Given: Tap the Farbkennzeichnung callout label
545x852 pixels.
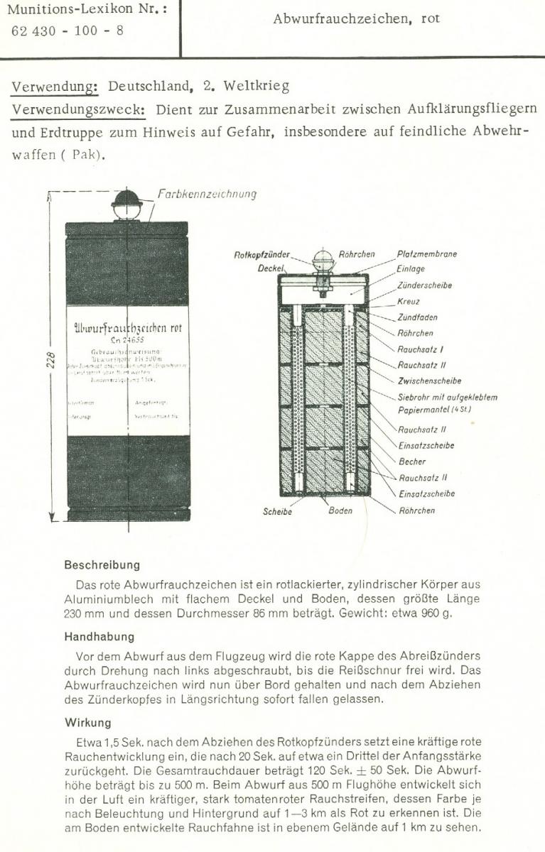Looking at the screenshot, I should [x=207, y=193].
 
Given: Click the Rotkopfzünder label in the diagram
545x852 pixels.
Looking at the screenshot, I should [x=262, y=254].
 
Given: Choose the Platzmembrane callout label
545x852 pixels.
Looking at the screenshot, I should [x=427, y=254].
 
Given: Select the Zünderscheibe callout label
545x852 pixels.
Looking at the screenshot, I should [x=424, y=285].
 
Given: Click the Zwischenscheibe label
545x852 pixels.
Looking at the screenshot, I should [x=430, y=381].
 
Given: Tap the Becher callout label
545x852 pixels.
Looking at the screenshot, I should [x=412, y=461].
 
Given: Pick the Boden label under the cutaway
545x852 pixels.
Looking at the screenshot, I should [x=340, y=510].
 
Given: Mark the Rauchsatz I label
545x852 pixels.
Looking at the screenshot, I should [x=421, y=349].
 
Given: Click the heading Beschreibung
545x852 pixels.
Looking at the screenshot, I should [x=102, y=566].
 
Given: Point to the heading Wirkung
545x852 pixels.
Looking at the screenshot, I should [x=87, y=723].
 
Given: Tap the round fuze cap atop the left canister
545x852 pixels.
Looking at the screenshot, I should [x=127, y=198].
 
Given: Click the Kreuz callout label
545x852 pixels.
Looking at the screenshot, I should [x=409, y=302].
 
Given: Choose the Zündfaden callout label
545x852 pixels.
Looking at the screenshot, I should [x=417, y=317].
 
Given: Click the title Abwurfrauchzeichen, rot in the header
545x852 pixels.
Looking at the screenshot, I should [x=356, y=19].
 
